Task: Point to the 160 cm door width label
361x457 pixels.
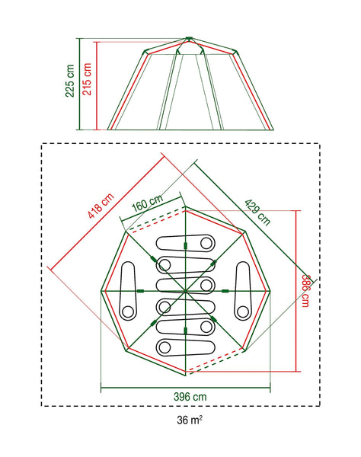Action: coord(146,204)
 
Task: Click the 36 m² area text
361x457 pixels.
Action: coord(187,418)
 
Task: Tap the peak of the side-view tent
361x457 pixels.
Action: coord(188,37)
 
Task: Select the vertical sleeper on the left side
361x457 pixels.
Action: coord(127,289)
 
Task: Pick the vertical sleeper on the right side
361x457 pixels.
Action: coord(243,289)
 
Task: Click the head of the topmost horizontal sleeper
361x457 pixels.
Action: coord(206,244)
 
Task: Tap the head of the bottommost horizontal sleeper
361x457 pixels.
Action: coord(164,346)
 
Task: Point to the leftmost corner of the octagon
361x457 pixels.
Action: coord(101,289)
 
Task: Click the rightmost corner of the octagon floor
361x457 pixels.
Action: coord(269,289)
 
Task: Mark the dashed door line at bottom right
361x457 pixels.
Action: coord(216,365)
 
